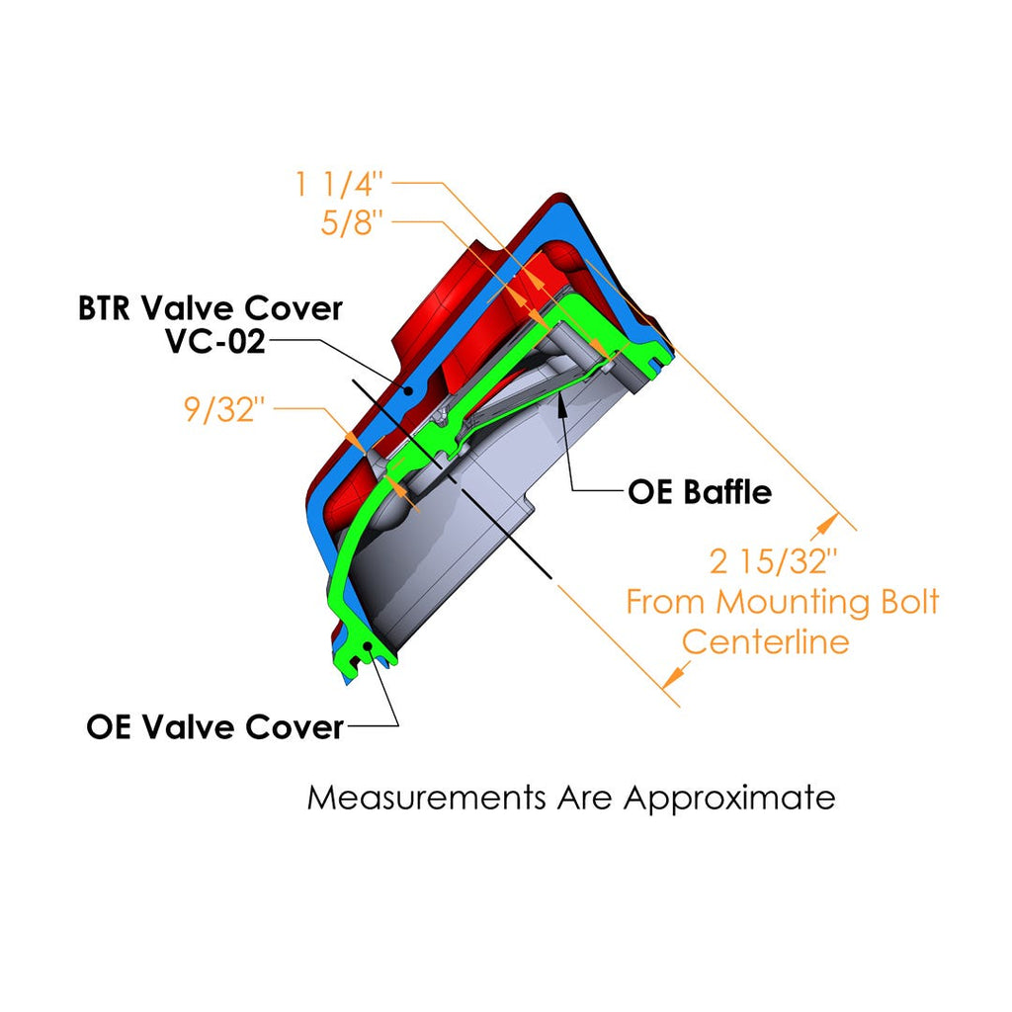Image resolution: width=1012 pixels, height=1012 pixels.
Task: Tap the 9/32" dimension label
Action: (x=224, y=408)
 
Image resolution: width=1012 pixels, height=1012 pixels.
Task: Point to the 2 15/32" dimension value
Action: (x=774, y=561)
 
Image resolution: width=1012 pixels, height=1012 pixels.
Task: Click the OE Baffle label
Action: (x=700, y=491)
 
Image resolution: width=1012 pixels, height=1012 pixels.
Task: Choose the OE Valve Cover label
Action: (x=214, y=727)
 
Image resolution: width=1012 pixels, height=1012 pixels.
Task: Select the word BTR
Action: (x=108, y=308)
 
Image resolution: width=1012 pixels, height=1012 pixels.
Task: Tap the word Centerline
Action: (x=766, y=641)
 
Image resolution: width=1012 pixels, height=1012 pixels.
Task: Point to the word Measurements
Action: (x=426, y=797)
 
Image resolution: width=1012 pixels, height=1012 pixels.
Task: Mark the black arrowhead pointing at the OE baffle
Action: (x=560, y=398)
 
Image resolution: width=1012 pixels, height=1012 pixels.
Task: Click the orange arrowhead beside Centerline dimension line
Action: (x=674, y=676)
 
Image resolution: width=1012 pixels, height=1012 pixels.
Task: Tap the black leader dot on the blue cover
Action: (x=409, y=390)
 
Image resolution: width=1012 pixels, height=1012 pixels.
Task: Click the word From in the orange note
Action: (x=667, y=601)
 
